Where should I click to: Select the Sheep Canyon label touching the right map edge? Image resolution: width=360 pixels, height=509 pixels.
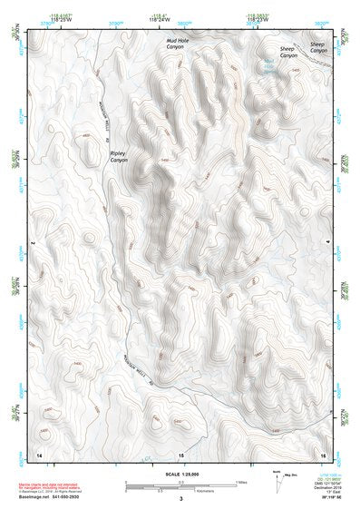tap(317, 47)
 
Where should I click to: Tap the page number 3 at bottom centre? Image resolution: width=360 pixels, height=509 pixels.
tap(180, 498)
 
